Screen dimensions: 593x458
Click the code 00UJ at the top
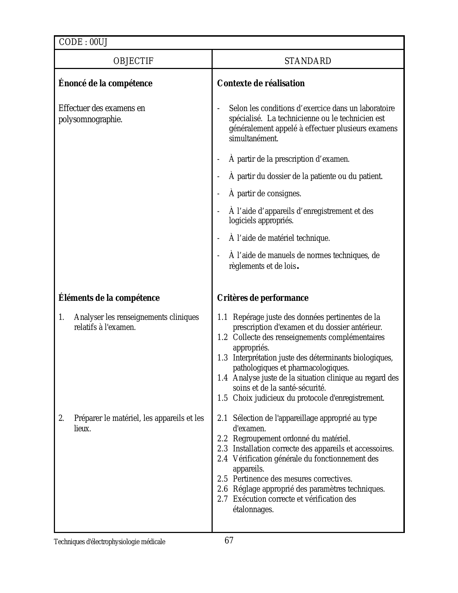(x=98, y=42)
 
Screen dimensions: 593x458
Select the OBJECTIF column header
(x=133, y=61)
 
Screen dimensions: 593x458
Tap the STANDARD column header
(x=308, y=61)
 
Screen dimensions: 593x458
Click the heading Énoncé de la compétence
(x=105, y=83)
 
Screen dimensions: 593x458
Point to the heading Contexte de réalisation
(x=261, y=83)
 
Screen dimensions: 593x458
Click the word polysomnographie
(x=90, y=119)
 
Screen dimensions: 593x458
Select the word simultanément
(x=253, y=139)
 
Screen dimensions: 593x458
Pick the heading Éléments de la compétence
(x=109, y=298)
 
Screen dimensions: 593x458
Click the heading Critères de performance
(x=263, y=298)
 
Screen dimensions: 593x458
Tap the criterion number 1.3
(x=222, y=358)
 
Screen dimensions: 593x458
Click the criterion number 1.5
(x=222, y=398)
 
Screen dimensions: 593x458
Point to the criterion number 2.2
(x=222, y=439)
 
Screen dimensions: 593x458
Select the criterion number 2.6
(x=222, y=489)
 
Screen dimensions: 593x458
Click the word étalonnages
(x=253, y=510)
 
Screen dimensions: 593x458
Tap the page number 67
(x=229, y=540)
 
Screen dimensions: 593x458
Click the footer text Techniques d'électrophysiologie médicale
(x=110, y=542)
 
